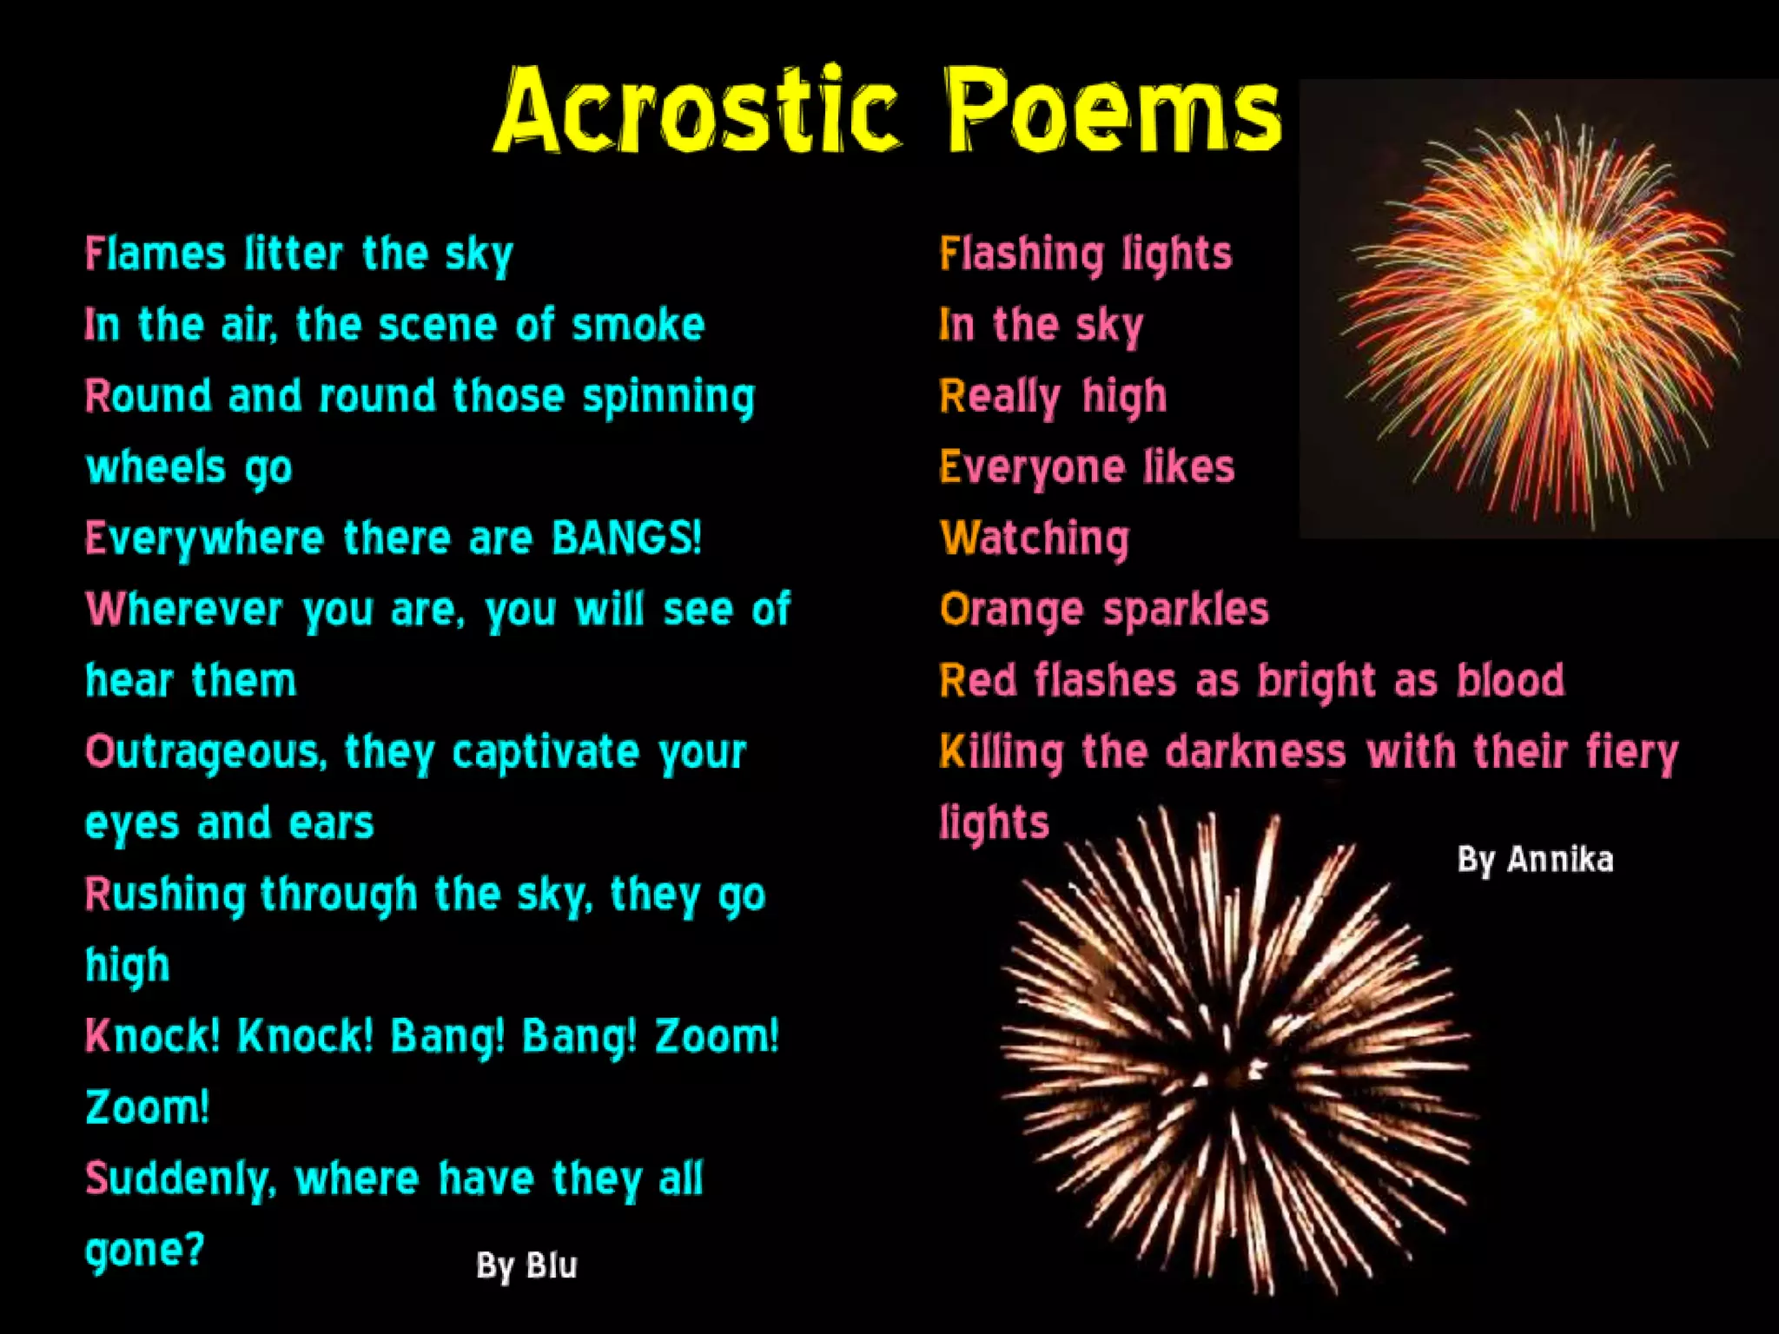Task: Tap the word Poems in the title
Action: tap(1113, 111)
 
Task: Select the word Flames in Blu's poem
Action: tap(155, 254)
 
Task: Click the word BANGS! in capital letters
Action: tap(626, 538)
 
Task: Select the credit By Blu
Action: tap(526, 1266)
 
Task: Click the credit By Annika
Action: tap(1535, 860)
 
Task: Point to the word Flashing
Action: tap(1022, 254)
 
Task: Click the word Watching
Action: tap(1035, 538)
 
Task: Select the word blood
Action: tap(1511, 681)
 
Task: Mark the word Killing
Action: tap(1002, 752)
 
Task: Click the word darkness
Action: tap(1255, 752)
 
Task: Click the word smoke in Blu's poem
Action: tap(638, 326)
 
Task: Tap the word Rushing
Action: tap(165, 895)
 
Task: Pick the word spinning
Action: tap(668, 398)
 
